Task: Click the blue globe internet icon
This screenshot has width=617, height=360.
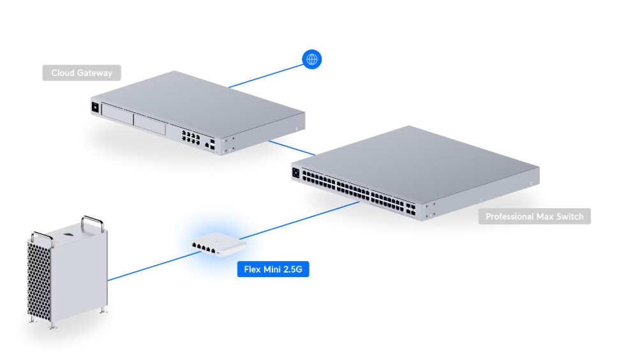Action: pyautogui.click(x=311, y=59)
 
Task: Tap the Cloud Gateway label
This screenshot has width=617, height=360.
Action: pyautogui.click(x=82, y=73)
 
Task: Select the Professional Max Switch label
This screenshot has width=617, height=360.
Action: pyautogui.click(x=534, y=216)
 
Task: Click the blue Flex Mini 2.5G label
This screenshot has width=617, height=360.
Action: pyautogui.click(x=273, y=269)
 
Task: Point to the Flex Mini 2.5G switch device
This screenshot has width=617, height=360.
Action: pyautogui.click(x=219, y=244)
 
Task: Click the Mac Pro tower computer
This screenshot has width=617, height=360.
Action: pyautogui.click(x=67, y=271)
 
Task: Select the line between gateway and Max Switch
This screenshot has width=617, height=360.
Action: pyautogui.click(x=292, y=148)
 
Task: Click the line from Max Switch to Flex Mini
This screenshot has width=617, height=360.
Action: pyautogui.click(x=299, y=221)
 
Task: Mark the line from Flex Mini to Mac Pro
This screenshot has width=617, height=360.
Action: pyautogui.click(x=154, y=266)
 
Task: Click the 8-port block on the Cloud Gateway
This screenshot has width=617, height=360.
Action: pyautogui.click(x=190, y=137)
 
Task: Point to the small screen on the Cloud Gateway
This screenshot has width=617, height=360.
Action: pyautogui.click(x=95, y=107)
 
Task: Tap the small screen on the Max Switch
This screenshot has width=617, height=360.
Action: pyautogui.click(x=296, y=173)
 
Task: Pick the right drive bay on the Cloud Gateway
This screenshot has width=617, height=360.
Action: pyautogui.click(x=149, y=124)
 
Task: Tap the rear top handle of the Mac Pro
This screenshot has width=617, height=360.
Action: pyautogui.click(x=93, y=223)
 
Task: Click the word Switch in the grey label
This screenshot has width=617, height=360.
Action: pyautogui.click(x=570, y=216)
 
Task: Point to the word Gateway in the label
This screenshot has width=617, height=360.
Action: pyautogui.click(x=95, y=73)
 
